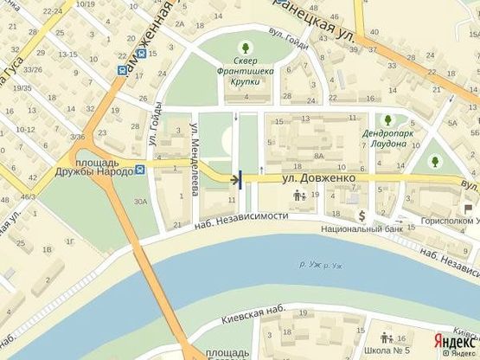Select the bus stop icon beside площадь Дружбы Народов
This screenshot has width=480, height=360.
tap(140, 170)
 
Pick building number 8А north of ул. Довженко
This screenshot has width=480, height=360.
tap(318, 156)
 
